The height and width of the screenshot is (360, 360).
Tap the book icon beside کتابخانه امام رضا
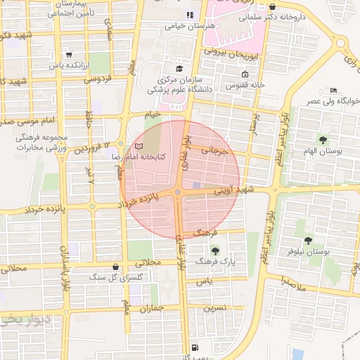click(139, 146)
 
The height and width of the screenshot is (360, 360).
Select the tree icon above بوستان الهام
click(323, 139)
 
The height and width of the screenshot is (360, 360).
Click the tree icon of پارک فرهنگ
click(215, 250)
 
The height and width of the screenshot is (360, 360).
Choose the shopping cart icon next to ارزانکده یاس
click(68, 54)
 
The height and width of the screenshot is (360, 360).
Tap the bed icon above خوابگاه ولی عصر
click(333, 90)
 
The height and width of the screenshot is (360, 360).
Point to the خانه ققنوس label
click(244, 85)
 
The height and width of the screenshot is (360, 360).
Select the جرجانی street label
click(214, 150)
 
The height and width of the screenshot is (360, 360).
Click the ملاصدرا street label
click(292, 285)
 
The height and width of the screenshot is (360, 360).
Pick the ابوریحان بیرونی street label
click(233, 53)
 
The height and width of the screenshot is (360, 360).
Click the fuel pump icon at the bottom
click(194, 347)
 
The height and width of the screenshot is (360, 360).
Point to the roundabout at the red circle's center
click(179, 192)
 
